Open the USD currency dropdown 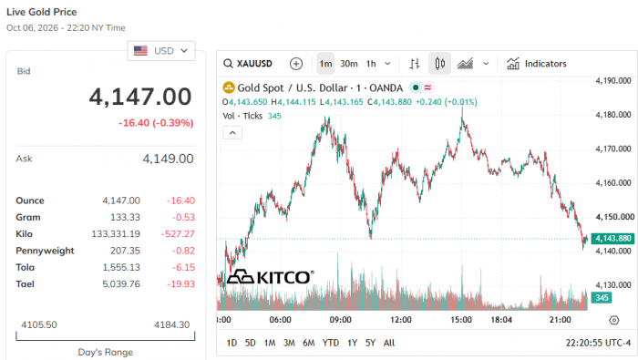click(x=161, y=51)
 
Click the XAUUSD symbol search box click(x=248, y=64)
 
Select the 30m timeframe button click(x=349, y=64)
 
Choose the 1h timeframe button click(x=371, y=64)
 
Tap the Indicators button click(x=536, y=64)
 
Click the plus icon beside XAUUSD click(x=296, y=64)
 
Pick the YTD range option click(x=330, y=343)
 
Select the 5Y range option click(x=370, y=343)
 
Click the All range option click(x=389, y=343)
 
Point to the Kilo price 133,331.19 click(x=116, y=234)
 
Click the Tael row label click(x=25, y=284)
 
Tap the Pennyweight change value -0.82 click(x=183, y=251)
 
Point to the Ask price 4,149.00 click(x=168, y=159)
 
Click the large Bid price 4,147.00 click(x=140, y=97)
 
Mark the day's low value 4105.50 click(x=39, y=324)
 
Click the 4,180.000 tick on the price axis click(x=613, y=115)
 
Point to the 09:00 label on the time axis click(x=341, y=320)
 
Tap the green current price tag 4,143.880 click(x=612, y=239)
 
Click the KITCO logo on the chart click(x=271, y=277)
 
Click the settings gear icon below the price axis click(x=614, y=320)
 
